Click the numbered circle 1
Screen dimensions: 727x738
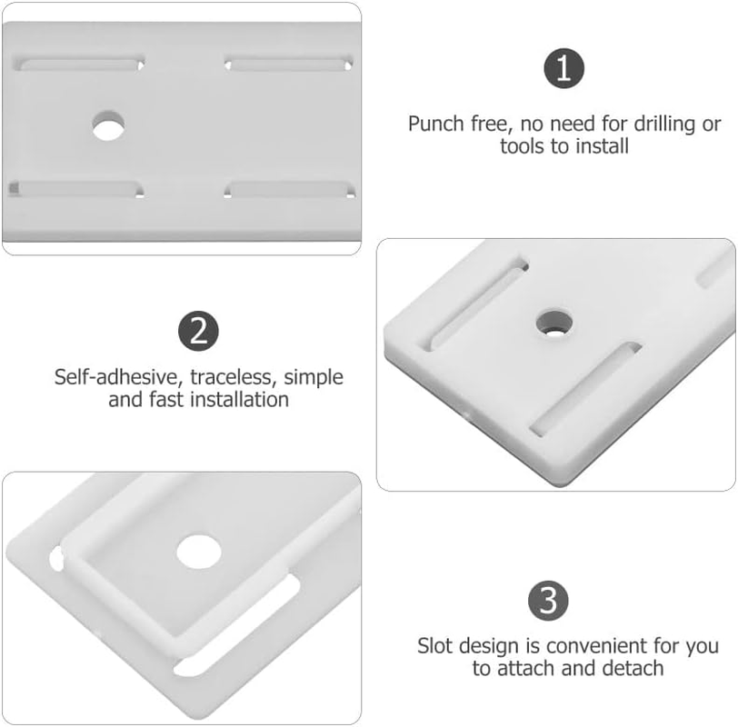(x=563, y=70)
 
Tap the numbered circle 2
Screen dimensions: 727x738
(x=198, y=331)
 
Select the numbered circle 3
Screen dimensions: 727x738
(x=549, y=601)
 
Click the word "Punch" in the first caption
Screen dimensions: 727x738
(x=435, y=124)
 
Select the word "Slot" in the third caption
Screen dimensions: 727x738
(x=435, y=647)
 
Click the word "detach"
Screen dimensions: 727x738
(x=633, y=669)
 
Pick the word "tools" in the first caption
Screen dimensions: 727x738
(x=522, y=146)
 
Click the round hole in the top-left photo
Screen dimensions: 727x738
(x=108, y=125)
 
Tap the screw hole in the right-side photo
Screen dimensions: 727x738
(x=553, y=321)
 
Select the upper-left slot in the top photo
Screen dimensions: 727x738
(x=81, y=65)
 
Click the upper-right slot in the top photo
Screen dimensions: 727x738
(x=289, y=65)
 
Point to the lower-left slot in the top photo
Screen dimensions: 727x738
(x=77, y=189)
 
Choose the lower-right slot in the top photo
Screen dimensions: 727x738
(x=290, y=189)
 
